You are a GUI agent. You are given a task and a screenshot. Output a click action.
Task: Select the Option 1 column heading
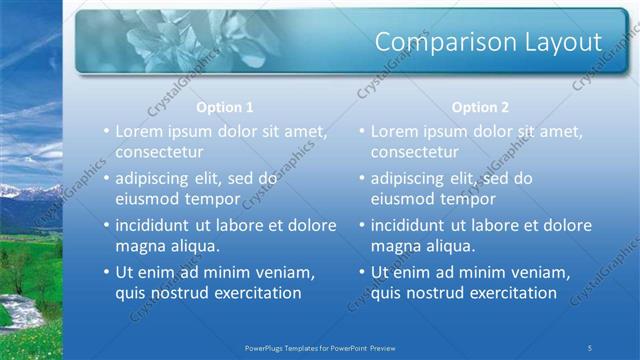[x=225, y=107]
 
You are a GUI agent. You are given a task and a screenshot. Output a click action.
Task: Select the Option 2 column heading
[x=480, y=107]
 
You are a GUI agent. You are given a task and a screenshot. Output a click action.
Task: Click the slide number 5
[x=590, y=347]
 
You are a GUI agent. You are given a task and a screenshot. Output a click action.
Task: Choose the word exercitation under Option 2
[x=506, y=293]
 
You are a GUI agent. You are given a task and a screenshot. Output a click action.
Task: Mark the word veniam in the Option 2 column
[x=539, y=272]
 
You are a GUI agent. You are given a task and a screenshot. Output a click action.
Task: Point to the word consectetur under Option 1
[x=160, y=152]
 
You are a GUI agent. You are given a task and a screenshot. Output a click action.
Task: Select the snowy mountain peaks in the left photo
[x=20, y=190]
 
